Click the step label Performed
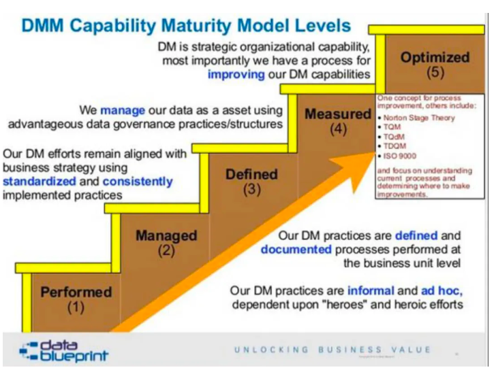[76, 292]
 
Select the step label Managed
[166, 236]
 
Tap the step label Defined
[252, 174]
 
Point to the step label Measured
[338, 114]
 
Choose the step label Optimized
[435, 58]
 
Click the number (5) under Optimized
[435, 72]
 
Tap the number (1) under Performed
[76, 307]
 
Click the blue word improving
[236, 75]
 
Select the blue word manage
[123, 111]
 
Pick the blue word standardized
[40, 182]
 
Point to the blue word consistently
[138, 182]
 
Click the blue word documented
[296, 250]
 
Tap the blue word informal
[371, 290]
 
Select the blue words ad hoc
[442, 291]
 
